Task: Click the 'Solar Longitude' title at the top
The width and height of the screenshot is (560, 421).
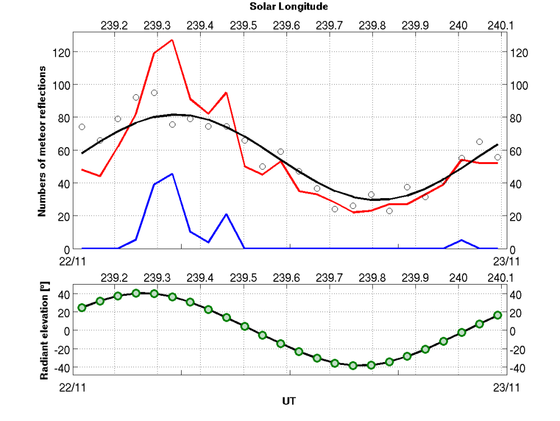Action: click(289, 7)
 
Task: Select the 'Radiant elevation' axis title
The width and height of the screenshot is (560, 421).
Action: click(43, 330)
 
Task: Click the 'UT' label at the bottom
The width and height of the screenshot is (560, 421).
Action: click(289, 401)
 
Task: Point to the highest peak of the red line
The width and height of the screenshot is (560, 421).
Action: click(172, 40)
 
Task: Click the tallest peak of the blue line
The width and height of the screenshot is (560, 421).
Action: click(172, 173)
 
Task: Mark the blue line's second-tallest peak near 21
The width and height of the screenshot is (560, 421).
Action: click(226, 214)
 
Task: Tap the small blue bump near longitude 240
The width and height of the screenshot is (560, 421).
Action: click(461, 240)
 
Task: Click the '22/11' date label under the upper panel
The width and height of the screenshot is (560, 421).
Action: click(72, 261)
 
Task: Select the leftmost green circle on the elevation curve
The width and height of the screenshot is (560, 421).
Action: click(82, 308)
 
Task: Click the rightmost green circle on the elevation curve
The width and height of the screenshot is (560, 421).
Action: click(497, 315)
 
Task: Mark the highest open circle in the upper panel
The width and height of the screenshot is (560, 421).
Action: click(154, 93)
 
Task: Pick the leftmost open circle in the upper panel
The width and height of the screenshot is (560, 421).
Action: click(82, 127)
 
